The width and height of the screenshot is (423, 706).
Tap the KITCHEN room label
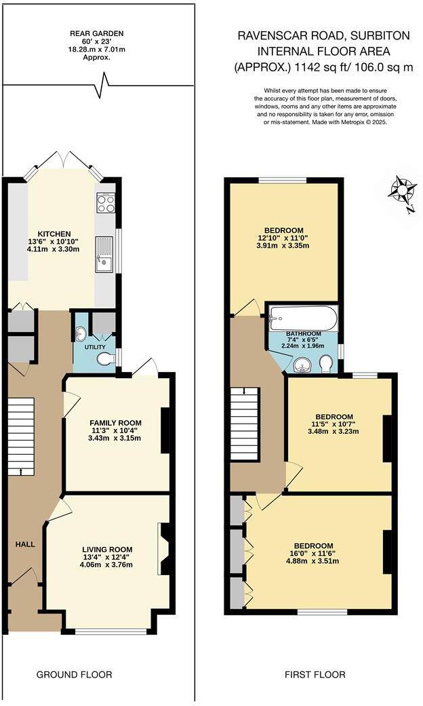click(54, 234)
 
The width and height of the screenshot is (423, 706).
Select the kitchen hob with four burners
click(106, 202)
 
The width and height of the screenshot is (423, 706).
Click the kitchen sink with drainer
click(104, 254)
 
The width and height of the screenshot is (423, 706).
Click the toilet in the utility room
click(105, 358)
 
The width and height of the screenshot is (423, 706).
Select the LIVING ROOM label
click(107, 549)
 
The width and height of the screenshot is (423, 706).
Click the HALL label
click(26, 544)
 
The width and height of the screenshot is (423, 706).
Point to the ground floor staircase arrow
click(22, 470)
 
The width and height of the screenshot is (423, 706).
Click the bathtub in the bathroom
click(302, 317)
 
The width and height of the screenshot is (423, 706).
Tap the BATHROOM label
click(303, 333)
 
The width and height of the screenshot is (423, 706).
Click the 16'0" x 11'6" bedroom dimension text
click(313, 554)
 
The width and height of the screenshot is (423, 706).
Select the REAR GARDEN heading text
click(97, 33)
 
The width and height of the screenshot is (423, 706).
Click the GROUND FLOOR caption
click(74, 674)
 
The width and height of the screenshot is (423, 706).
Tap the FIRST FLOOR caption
click(315, 674)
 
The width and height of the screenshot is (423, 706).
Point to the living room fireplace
click(163, 549)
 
